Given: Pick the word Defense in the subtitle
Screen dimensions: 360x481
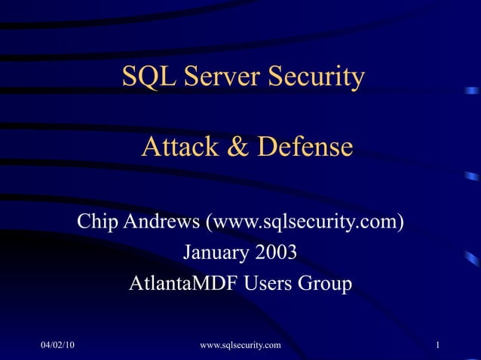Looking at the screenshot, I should tap(304, 146).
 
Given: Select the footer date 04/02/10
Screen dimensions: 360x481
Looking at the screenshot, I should tap(58, 346).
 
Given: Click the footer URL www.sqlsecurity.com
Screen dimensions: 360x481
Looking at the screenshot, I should tap(240, 346).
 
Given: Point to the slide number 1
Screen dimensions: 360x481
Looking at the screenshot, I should tap(437, 346).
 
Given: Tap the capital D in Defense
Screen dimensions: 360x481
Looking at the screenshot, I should tap(265, 146).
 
